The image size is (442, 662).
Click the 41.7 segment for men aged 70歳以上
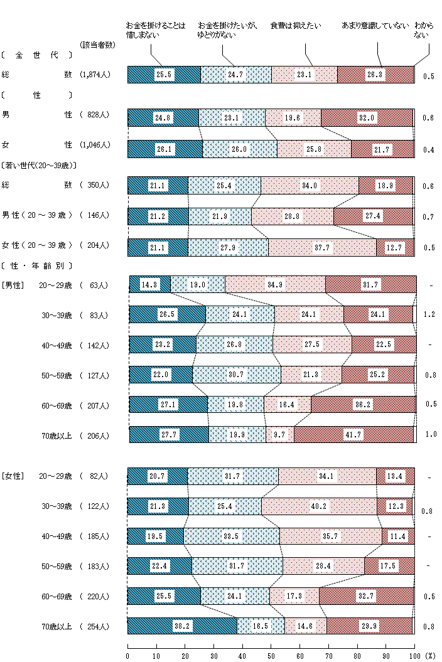click(354, 434)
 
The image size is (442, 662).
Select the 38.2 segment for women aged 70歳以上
click(182, 626)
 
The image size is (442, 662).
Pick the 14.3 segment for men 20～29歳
click(149, 284)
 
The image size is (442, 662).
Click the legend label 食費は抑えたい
click(295, 26)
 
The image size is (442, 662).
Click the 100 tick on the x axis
click(414, 655)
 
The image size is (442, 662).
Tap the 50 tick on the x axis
click(271, 655)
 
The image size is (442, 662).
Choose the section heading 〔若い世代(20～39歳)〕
click(39, 166)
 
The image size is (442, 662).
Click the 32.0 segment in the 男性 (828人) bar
click(367, 118)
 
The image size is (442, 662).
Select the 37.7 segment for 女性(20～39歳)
click(321, 247)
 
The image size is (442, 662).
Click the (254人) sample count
click(95, 626)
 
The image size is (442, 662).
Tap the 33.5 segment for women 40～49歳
click(231, 536)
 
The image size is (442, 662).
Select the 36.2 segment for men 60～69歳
click(363, 405)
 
